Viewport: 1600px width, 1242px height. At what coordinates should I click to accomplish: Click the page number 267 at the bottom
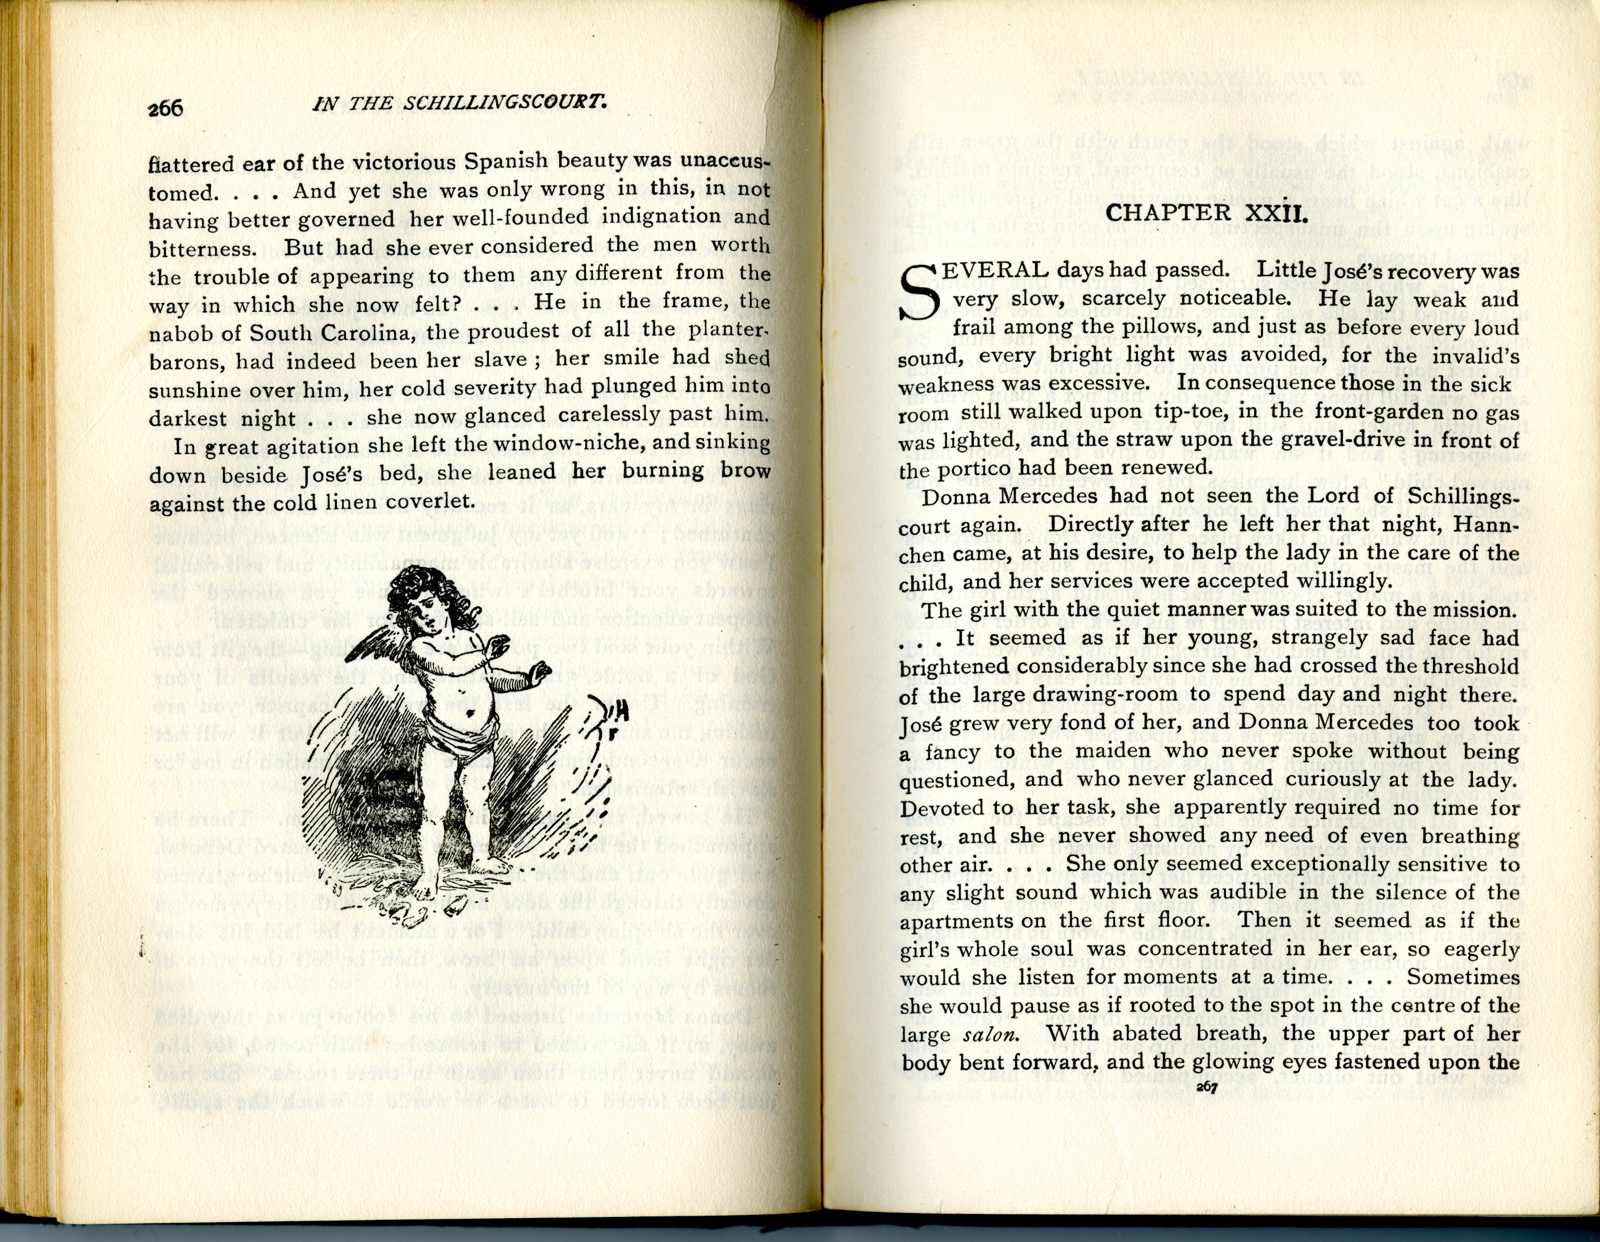pyautogui.click(x=1206, y=1088)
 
